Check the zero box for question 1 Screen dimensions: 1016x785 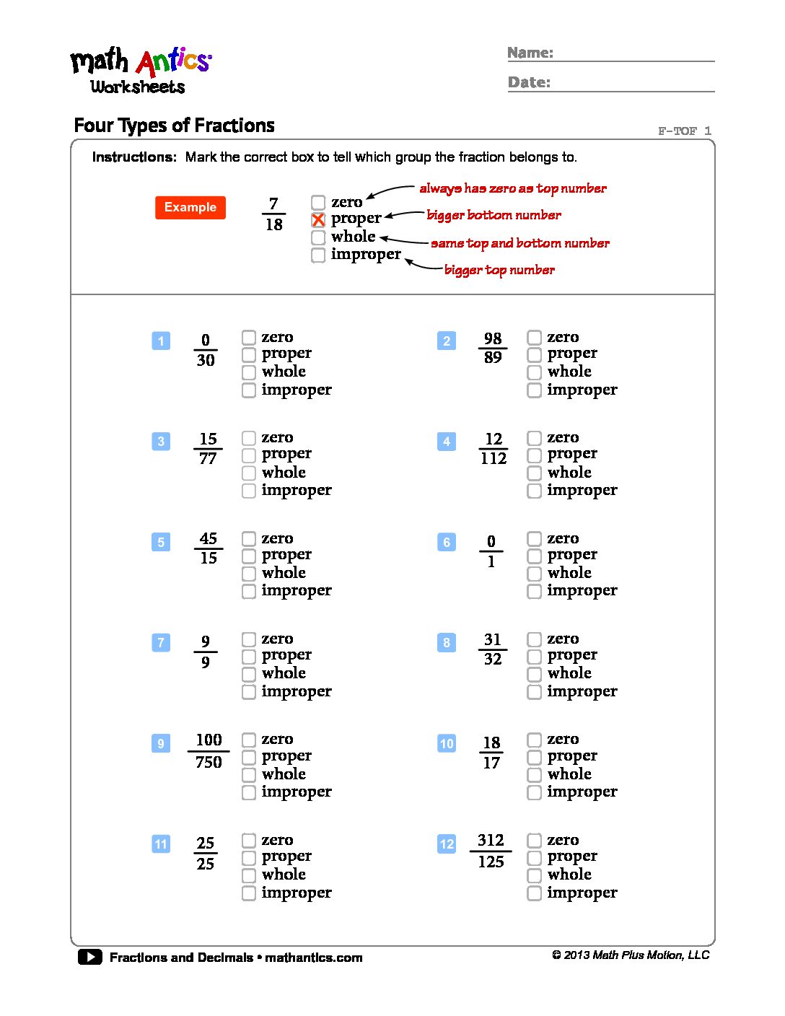pyautogui.click(x=249, y=337)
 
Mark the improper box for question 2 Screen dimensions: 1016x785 pyautogui.click(x=534, y=390)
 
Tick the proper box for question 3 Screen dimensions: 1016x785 pyautogui.click(x=249, y=455)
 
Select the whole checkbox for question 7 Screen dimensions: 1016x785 pyautogui.click(x=249, y=674)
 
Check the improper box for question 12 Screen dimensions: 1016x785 pyautogui.click(x=534, y=893)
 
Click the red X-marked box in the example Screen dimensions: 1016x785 pyautogui.click(x=318, y=219)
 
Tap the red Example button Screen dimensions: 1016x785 pyautogui.click(x=190, y=208)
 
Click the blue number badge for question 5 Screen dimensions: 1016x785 pyautogui.click(x=161, y=542)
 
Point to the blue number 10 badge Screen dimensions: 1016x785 pyautogui.click(x=447, y=743)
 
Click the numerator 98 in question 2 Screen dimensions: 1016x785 pyautogui.click(x=493, y=338)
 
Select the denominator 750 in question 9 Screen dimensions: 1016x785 pyautogui.click(x=209, y=762)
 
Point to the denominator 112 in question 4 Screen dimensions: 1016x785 pyautogui.click(x=494, y=458)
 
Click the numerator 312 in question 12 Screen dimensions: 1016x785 pyautogui.click(x=491, y=840)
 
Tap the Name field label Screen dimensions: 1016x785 pyautogui.click(x=530, y=53)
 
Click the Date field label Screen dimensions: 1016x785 pyautogui.click(x=529, y=82)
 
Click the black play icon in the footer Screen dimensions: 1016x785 pyautogui.click(x=90, y=957)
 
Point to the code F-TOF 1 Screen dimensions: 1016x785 pyautogui.click(x=684, y=131)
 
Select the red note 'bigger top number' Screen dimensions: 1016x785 pyautogui.click(x=499, y=270)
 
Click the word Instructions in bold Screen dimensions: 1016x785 pyautogui.click(x=134, y=157)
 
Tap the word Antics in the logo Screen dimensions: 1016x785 pyautogui.click(x=174, y=62)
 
